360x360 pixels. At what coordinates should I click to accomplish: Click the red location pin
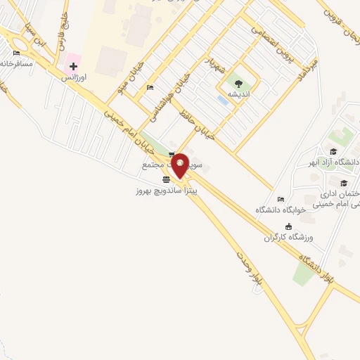pos(180,166)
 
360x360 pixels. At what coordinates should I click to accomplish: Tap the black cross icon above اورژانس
pos(73,65)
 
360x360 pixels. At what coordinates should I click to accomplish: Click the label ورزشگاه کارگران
pos(288,237)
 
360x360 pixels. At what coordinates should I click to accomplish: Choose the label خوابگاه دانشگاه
pos(281,210)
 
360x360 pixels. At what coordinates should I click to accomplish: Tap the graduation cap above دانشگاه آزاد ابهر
pos(333,152)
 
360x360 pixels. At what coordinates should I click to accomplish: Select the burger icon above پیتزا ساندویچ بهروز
pos(165,179)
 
